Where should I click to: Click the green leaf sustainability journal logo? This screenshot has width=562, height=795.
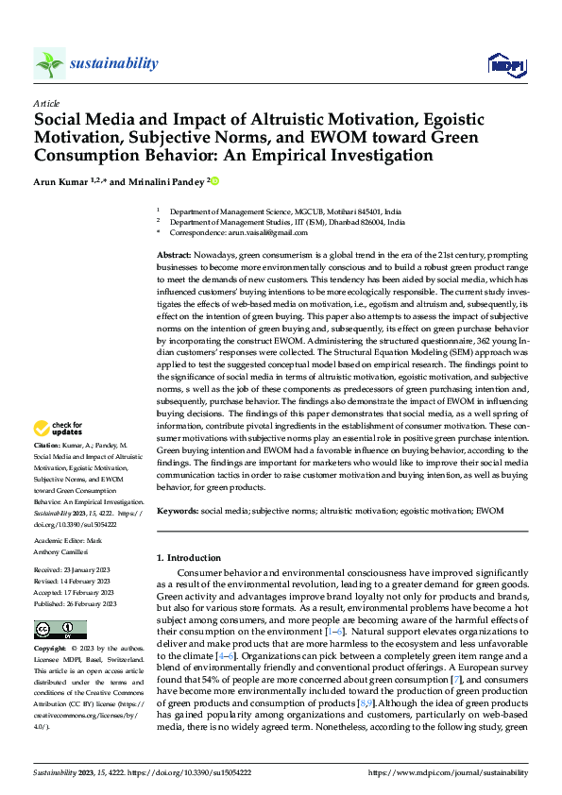(49, 63)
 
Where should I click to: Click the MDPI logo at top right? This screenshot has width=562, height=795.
(505, 64)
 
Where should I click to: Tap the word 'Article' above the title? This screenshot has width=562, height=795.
(46, 103)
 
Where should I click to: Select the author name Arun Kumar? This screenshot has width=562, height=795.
(67, 180)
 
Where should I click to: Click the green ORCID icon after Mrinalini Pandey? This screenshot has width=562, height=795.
(214, 181)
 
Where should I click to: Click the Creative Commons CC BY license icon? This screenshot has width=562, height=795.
(60, 630)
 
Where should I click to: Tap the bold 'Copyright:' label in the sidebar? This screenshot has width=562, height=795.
(50, 649)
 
